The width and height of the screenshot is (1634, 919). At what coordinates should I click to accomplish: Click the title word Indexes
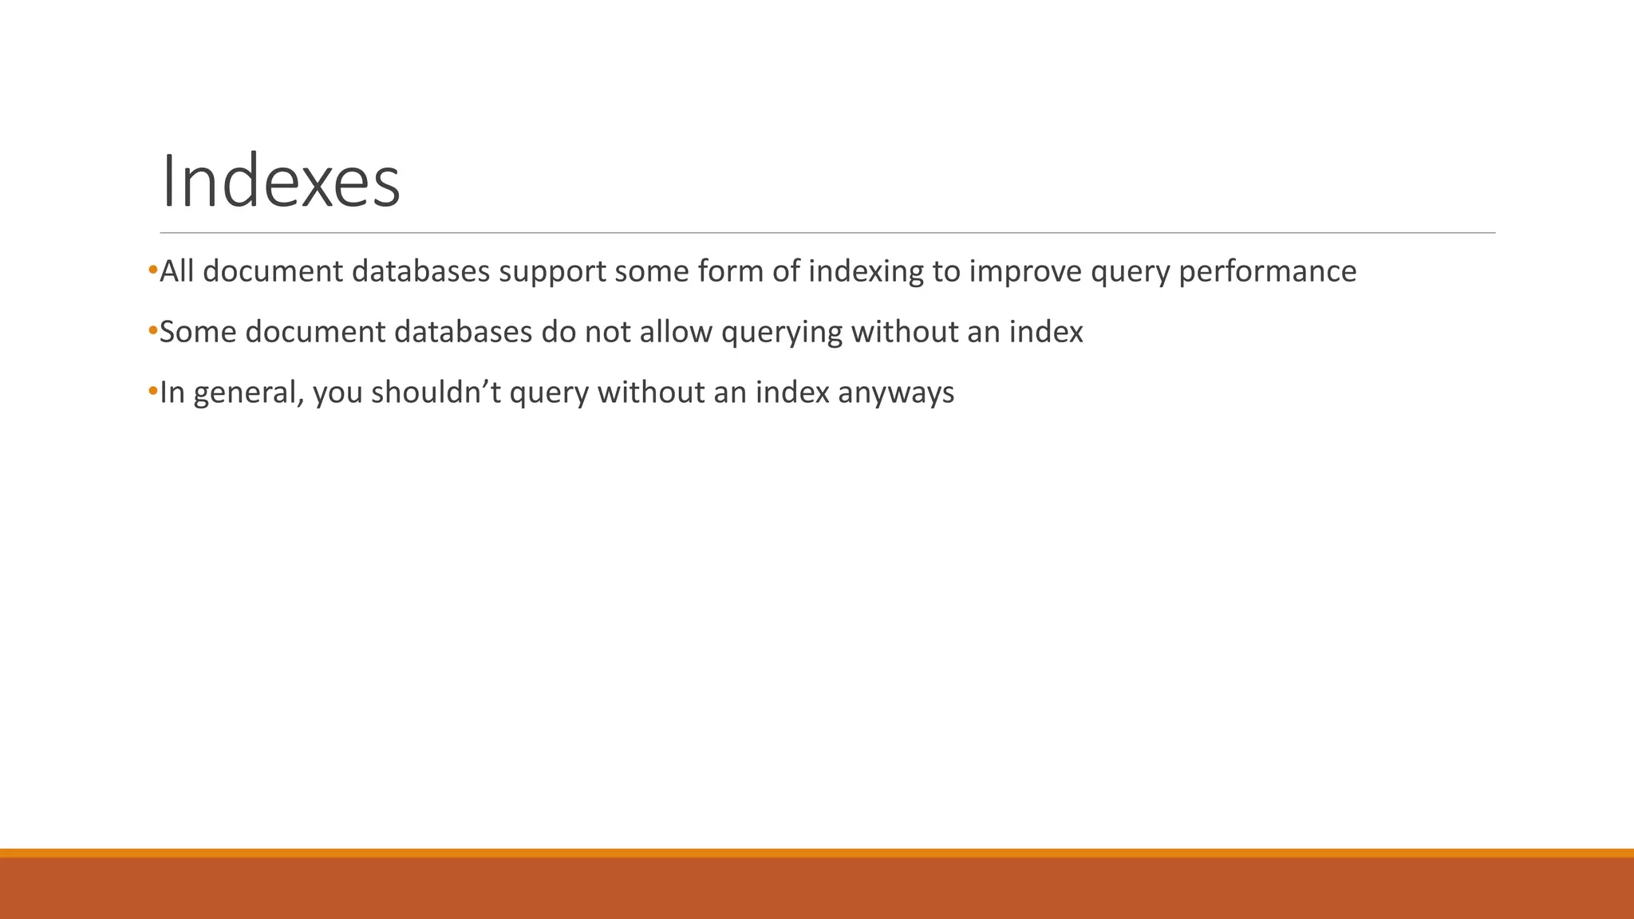(x=280, y=183)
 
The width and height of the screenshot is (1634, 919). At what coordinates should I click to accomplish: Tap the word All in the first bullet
(x=176, y=271)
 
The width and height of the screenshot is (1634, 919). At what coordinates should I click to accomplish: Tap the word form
(x=728, y=271)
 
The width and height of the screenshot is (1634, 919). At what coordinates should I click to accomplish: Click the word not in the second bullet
(x=607, y=332)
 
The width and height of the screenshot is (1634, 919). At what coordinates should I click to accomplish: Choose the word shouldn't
(x=436, y=392)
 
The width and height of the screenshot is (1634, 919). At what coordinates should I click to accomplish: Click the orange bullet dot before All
(x=152, y=270)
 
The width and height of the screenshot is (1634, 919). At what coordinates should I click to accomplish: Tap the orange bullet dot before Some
(x=152, y=331)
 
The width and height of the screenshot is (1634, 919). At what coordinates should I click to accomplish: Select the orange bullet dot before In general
(x=152, y=392)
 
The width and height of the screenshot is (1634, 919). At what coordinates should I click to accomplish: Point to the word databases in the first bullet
(x=420, y=271)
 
